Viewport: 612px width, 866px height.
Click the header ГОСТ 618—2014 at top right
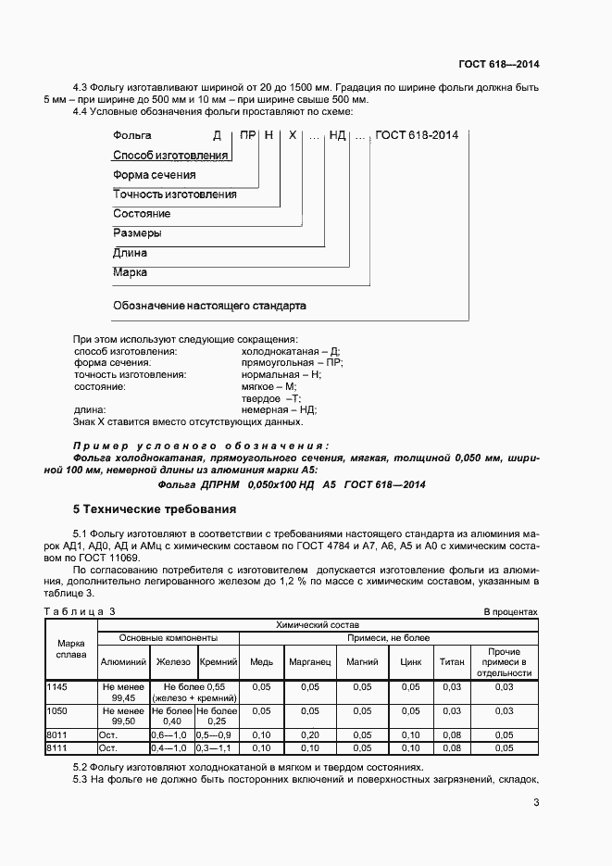tap(499, 64)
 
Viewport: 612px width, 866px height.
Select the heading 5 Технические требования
tap(155, 509)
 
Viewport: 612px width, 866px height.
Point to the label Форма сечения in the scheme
tap(154, 174)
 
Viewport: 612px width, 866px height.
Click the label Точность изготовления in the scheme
tap(174, 195)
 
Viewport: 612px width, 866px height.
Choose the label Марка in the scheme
tap(130, 272)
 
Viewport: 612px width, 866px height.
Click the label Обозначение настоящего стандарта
tap(209, 305)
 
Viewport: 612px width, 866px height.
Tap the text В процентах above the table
tap(510, 612)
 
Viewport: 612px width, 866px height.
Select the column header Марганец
tap(309, 662)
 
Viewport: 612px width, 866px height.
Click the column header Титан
tap(452, 662)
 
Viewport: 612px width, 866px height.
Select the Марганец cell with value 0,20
tap(309, 734)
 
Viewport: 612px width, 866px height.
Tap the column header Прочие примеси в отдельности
tap(505, 662)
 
